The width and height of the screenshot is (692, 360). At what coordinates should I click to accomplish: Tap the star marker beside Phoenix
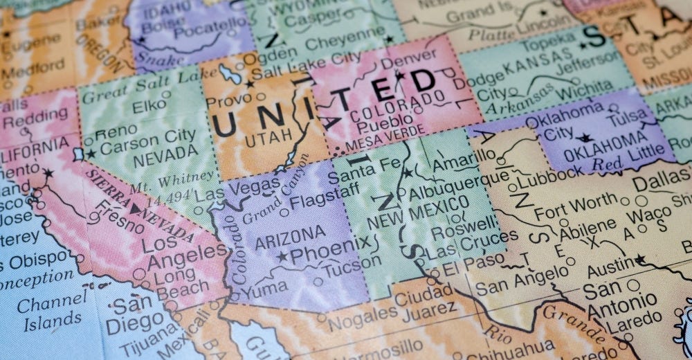(282, 256)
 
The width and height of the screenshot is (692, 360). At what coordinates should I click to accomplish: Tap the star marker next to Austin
(640, 260)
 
